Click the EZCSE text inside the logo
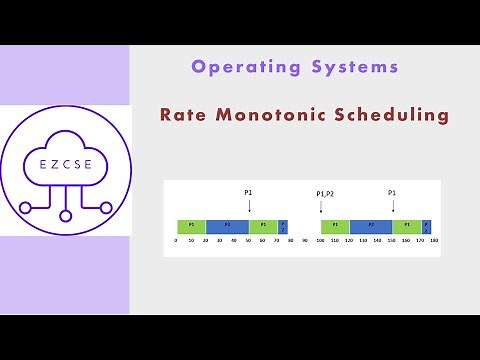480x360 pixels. pos(65,163)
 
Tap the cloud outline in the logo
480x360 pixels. pos(65,135)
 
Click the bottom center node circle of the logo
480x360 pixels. pos(65,214)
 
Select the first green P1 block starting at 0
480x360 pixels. pos(191,226)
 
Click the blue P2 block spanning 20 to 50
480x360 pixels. pos(227,226)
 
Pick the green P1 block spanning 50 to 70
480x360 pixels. pos(263,226)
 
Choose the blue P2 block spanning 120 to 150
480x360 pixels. pos(371,226)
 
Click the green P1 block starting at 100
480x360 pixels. pos(335,226)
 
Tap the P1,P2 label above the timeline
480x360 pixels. pos(324,193)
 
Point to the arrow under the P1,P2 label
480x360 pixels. pos(321,208)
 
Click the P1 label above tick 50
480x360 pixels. pos(249,191)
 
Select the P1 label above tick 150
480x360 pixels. pos(392,191)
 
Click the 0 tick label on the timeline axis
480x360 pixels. pos(176,241)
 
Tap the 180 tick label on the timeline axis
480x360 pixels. pos(434,241)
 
